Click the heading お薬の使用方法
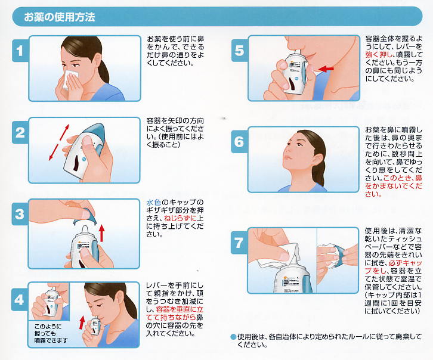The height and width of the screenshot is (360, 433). tap(60, 17)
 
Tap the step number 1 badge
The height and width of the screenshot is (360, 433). tap(20, 51)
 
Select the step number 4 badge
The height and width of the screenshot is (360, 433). tap(19, 300)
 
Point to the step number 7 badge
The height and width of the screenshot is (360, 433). tap(239, 243)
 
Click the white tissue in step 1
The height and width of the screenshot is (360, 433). tap(70, 79)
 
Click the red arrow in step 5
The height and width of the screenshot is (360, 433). tap(326, 68)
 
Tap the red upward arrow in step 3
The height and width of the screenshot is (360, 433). tap(102, 233)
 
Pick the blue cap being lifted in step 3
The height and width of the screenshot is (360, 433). tap(85, 216)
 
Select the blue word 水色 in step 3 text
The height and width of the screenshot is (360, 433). tap(153, 203)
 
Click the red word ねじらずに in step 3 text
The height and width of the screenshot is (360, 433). tap(180, 219)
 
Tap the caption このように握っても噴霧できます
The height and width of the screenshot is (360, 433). tap(51, 333)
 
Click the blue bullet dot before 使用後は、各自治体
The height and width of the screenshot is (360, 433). tap(234, 337)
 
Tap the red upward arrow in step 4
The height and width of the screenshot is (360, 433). tap(82, 322)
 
